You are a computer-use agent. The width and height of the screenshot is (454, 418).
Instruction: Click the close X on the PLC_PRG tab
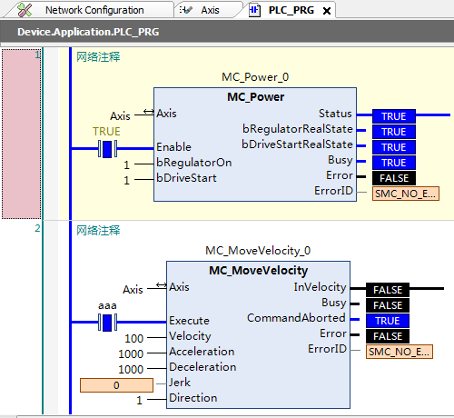[x=327, y=11]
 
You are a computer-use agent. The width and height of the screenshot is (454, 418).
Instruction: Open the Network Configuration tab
[x=94, y=10]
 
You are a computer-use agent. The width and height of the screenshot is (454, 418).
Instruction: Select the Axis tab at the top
[x=210, y=10]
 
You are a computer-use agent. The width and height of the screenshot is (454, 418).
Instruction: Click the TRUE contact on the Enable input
[x=107, y=149]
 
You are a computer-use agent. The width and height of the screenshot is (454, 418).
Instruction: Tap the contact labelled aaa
[x=107, y=323]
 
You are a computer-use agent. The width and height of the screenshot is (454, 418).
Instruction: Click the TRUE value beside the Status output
[x=394, y=116]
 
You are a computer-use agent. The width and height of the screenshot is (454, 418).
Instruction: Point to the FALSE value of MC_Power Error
[x=394, y=178]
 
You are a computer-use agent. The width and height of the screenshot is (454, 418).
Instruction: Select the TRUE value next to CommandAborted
[x=388, y=321]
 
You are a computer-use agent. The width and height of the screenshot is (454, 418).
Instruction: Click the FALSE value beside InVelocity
[x=388, y=290]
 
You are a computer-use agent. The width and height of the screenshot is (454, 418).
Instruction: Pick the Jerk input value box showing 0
[x=116, y=385]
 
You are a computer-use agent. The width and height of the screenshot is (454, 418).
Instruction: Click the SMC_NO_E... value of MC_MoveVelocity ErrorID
[x=400, y=352]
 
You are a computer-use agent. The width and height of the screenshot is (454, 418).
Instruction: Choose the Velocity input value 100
[x=133, y=338]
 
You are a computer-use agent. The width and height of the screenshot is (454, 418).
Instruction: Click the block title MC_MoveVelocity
[x=258, y=270]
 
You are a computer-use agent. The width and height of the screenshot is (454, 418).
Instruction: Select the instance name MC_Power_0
[x=255, y=77]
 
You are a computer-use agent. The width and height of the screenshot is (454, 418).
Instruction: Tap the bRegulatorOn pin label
[x=194, y=163]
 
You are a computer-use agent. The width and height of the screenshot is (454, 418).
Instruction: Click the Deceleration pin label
[x=202, y=367]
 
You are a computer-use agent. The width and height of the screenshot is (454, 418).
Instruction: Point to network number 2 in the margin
[x=37, y=228]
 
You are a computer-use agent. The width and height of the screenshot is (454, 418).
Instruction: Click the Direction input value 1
[x=139, y=400]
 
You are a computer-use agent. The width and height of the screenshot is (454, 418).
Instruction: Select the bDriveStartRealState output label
[x=297, y=144]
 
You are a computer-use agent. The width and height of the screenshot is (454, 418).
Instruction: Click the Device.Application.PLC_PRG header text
[x=88, y=32]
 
